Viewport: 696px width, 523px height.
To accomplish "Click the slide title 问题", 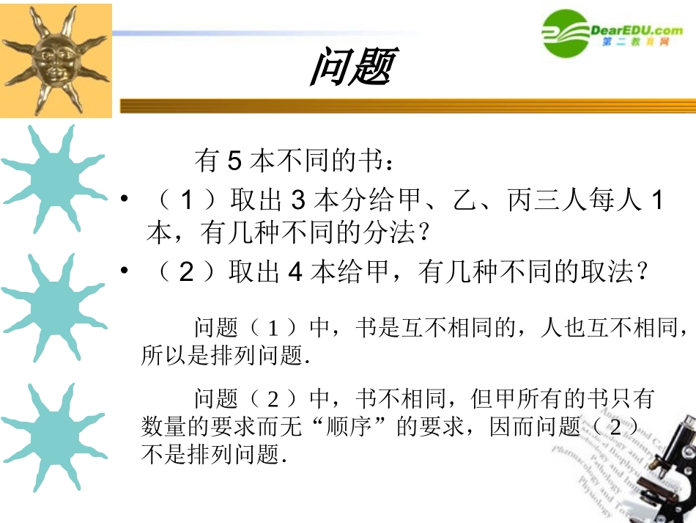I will point(352,67).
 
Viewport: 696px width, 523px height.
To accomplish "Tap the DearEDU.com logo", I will point(612,33).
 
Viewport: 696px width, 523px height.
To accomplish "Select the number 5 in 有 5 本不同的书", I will point(234,160).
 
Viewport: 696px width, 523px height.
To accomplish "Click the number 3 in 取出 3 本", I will point(297,200).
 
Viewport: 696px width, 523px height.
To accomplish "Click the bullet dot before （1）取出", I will point(125,199).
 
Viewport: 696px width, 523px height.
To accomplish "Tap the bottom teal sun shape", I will point(52,436).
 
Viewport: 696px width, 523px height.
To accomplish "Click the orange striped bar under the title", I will point(407,106).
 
